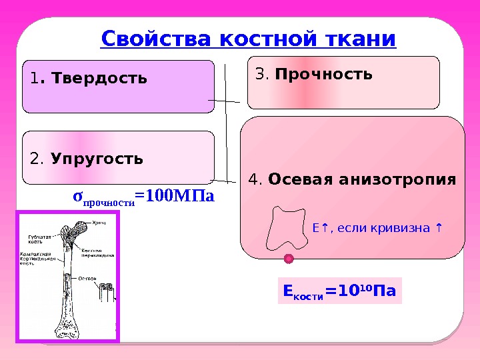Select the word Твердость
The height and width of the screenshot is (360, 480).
coord(100,79)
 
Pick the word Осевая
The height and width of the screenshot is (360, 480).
coord(297,180)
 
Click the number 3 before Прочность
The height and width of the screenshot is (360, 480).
coord(260,73)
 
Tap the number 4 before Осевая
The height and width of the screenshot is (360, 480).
coord(253,180)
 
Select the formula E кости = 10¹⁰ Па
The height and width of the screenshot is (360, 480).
coord(339,292)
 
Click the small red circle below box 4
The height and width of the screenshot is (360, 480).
coord(289,259)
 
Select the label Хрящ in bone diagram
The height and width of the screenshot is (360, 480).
coord(99,222)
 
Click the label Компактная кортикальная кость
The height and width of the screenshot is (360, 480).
coord(35,258)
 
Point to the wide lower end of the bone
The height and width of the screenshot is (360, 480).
coord(67,327)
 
